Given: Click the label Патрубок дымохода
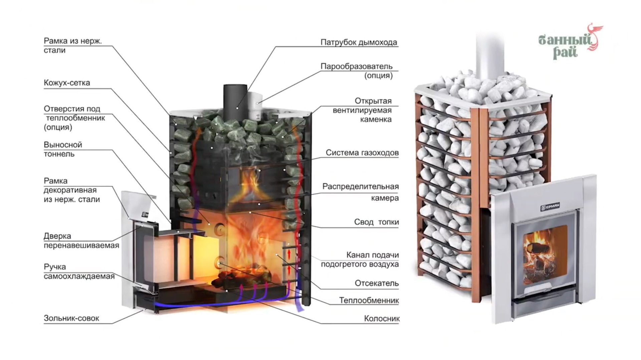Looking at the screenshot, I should click(x=359, y=42).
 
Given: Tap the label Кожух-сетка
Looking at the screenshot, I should click(x=67, y=83).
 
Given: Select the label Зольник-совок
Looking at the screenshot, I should click(x=71, y=318).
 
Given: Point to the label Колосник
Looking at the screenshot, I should click(x=382, y=319).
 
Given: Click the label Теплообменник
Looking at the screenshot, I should click(x=369, y=301).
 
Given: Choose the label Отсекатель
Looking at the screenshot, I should click(x=377, y=283).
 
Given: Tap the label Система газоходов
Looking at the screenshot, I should click(x=362, y=153).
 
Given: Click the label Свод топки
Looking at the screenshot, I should click(x=376, y=222).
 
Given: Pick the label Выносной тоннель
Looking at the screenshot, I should click(x=63, y=149).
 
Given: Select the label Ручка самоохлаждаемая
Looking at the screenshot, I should click(x=79, y=272).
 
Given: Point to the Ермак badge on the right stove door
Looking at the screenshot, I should click(x=550, y=207).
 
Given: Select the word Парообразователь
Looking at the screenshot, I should click(x=356, y=66).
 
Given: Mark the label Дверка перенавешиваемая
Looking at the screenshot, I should click(x=81, y=241).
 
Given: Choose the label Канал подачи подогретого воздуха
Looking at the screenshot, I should click(x=360, y=260).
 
